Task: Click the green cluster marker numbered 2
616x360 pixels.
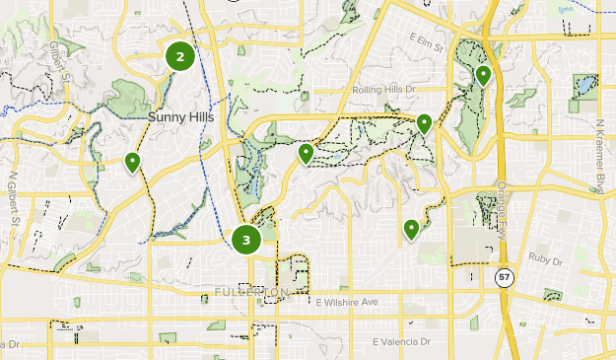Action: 180,56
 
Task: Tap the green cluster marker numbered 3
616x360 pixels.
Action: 245,239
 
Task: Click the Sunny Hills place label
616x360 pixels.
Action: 180,116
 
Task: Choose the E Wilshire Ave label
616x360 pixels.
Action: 347,302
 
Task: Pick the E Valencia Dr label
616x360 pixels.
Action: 402,341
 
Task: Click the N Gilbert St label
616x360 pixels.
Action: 14,202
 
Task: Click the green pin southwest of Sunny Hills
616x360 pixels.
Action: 132,161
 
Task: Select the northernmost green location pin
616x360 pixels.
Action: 483,74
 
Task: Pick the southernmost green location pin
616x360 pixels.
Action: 411,229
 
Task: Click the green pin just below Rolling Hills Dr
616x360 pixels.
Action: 424,123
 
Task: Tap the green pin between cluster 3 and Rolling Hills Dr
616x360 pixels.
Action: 307,153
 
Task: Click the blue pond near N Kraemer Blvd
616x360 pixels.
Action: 586,86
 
